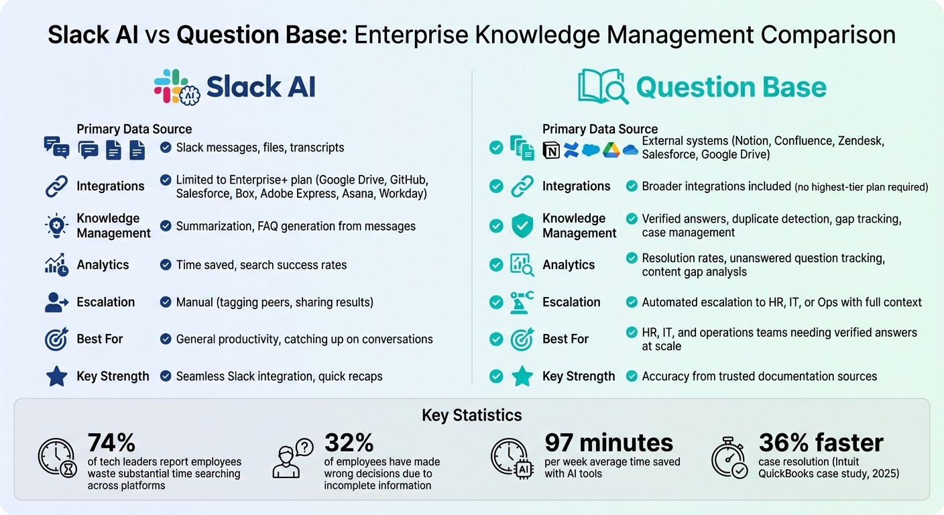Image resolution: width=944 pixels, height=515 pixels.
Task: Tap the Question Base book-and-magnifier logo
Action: click(603, 87)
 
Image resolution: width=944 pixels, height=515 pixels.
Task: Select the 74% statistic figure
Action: click(111, 443)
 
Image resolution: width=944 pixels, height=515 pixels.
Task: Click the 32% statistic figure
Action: click(349, 443)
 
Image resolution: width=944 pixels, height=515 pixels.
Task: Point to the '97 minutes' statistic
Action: click(609, 443)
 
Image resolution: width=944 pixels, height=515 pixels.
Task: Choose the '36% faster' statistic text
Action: click(821, 443)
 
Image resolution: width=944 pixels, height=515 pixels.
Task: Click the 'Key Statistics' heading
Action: click(471, 415)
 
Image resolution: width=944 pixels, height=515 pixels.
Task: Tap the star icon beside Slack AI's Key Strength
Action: click(56, 376)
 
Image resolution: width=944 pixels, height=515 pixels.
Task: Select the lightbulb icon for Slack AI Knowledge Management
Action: click(56, 226)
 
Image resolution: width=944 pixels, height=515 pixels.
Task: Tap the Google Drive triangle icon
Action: click(610, 150)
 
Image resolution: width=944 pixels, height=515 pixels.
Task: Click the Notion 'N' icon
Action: click(550, 150)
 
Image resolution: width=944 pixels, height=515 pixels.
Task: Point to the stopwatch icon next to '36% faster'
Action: click(729, 459)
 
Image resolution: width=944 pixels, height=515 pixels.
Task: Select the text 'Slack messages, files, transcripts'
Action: click(260, 148)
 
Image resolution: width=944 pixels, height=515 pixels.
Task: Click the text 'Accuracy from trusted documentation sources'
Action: click(759, 376)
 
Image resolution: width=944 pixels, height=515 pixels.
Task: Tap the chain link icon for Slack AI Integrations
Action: click(56, 186)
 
